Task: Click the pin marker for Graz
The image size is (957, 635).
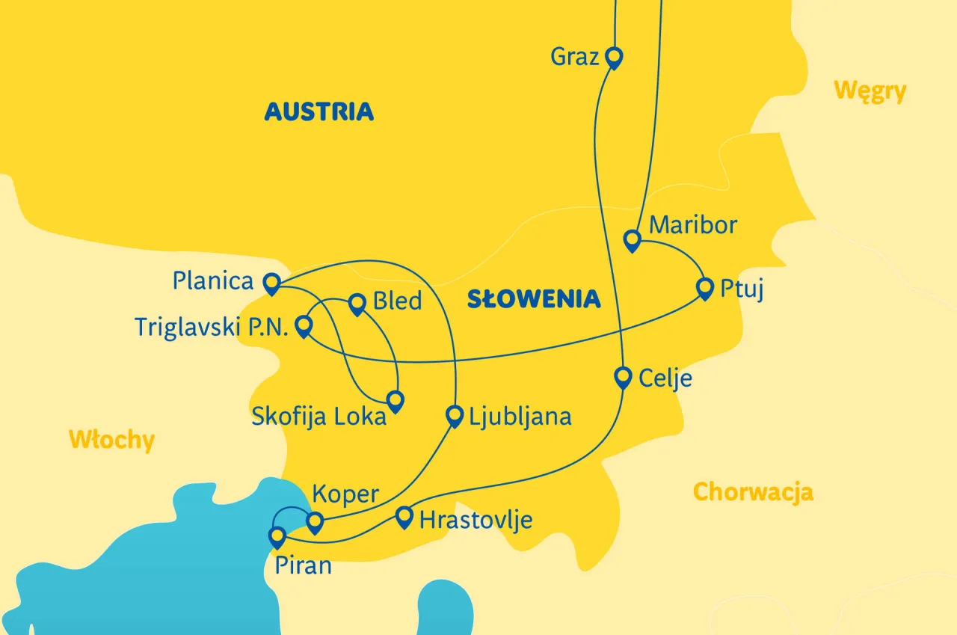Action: [x=614, y=57]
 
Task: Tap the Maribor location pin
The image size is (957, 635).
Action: [x=633, y=240]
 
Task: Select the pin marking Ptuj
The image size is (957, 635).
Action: [x=704, y=287]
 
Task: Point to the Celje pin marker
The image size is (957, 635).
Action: [x=623, y=376]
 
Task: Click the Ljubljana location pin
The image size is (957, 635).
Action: [x=454, y=415]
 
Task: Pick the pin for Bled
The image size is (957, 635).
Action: [x=357, y=302]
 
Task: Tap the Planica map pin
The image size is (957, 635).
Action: [x=271, y=283]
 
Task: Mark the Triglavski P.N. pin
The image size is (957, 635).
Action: [x=304, y=325]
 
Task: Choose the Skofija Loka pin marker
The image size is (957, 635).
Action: [x=395, y=400]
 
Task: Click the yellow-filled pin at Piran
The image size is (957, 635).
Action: [x=277, y=536]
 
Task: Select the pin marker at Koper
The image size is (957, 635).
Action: [x=315, y=521]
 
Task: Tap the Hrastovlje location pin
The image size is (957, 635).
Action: [x=404, y=516]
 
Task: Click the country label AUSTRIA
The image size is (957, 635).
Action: [x=319, y=112]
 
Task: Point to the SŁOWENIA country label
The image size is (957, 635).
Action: [x=534, y=299]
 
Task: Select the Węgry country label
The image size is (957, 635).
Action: [x=870, y=91]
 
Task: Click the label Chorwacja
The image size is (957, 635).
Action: [x=753, y=492]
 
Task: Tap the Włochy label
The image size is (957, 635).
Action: [x=111, y=440]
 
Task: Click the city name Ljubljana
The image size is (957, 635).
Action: [x=520, y=417]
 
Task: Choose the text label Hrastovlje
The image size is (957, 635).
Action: [x=476, y=519]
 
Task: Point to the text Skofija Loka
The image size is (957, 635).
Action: [x=319, y=417]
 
